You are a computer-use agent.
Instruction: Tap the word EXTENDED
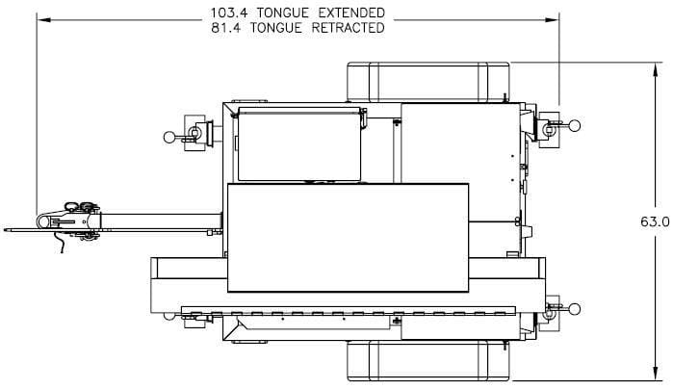tap(351, 13)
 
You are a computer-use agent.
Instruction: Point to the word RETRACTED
tap(348, 28)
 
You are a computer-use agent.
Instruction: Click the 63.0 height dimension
tap(655, 222)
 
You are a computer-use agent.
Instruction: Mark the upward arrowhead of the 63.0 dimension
tap(655, 70)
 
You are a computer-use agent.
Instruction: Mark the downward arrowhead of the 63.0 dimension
tap(655, 373)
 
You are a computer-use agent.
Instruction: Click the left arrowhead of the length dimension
tap(44, 20)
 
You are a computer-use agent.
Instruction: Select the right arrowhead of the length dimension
tap(552, 20)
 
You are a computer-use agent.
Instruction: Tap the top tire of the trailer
tap(427, 82)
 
